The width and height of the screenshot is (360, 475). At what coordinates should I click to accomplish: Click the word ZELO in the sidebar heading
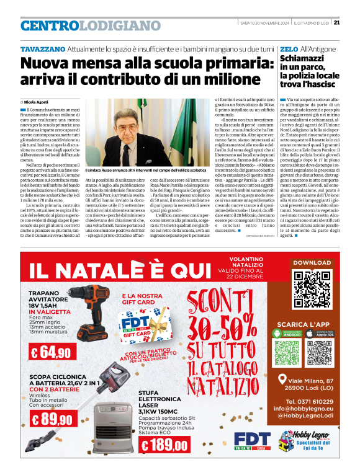click(289, 48)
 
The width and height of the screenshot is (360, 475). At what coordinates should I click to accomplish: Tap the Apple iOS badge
click(320, 335)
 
